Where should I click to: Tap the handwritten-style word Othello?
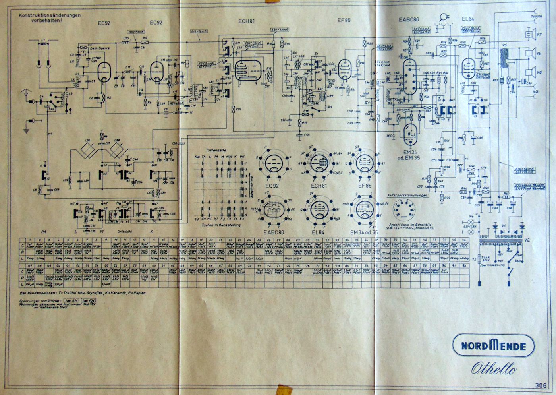(494, 368)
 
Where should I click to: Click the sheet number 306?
(541, 385)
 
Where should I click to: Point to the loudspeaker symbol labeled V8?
(530, 72)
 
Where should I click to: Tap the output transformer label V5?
(505, 45)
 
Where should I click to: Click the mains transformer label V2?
(527, 240)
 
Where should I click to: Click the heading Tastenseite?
(215, 151)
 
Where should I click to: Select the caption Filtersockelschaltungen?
(408, 195)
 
